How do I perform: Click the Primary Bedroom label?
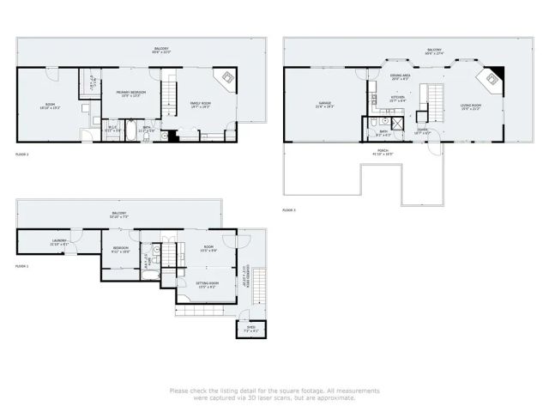click(x=130, y=94)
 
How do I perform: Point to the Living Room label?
click(x=470, y=106)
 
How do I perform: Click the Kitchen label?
click(x=397, y=99)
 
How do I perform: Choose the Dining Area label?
click(x=400, y=76)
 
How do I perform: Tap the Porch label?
click(x=383, y=153)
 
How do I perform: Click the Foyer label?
click(x=422, y=130)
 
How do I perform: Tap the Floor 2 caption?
click(x=22, y=154)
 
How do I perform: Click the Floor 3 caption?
click(x=289, y=209)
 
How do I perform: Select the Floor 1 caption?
click(x=22, y=266)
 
